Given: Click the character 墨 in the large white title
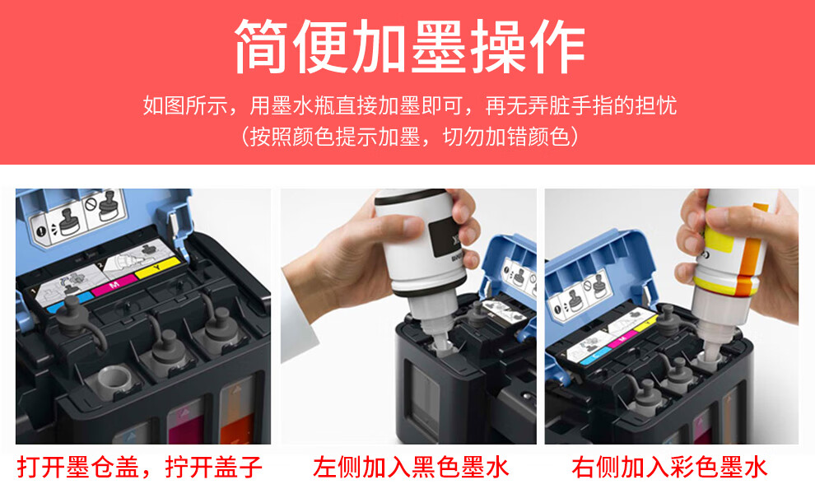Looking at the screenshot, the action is pos(439,47).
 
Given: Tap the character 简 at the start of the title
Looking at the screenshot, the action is pos(262,47).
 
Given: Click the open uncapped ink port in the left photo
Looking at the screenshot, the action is pos(115,377).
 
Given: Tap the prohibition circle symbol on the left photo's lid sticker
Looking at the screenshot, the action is pos(91,205).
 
